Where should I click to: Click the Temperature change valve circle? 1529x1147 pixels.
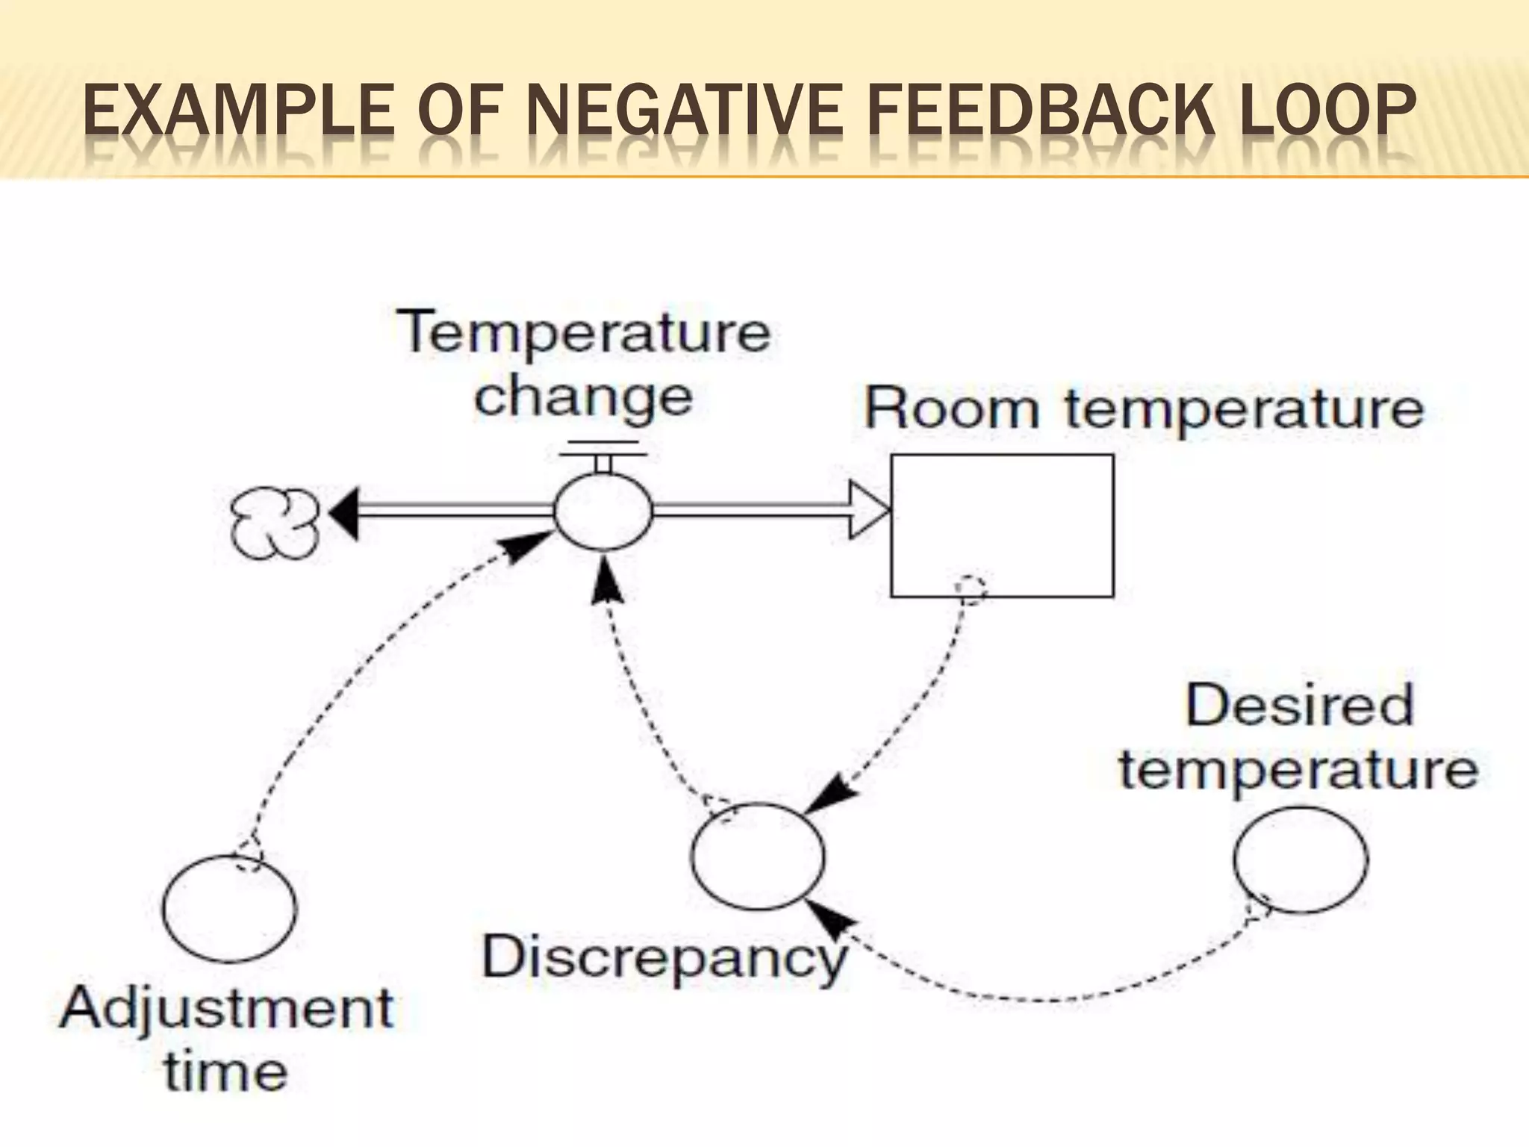click(x=602, y=512)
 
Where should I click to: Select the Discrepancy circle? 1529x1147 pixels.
click(x=758, y=856)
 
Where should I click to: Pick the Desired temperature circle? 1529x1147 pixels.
click(x=1300, y=860)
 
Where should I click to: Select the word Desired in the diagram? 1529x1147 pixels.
click(x=1299, y=705)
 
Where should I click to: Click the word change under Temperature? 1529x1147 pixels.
click(x=583, y=397)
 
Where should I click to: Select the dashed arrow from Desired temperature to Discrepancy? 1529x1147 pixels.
click(x=1045, y=997)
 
